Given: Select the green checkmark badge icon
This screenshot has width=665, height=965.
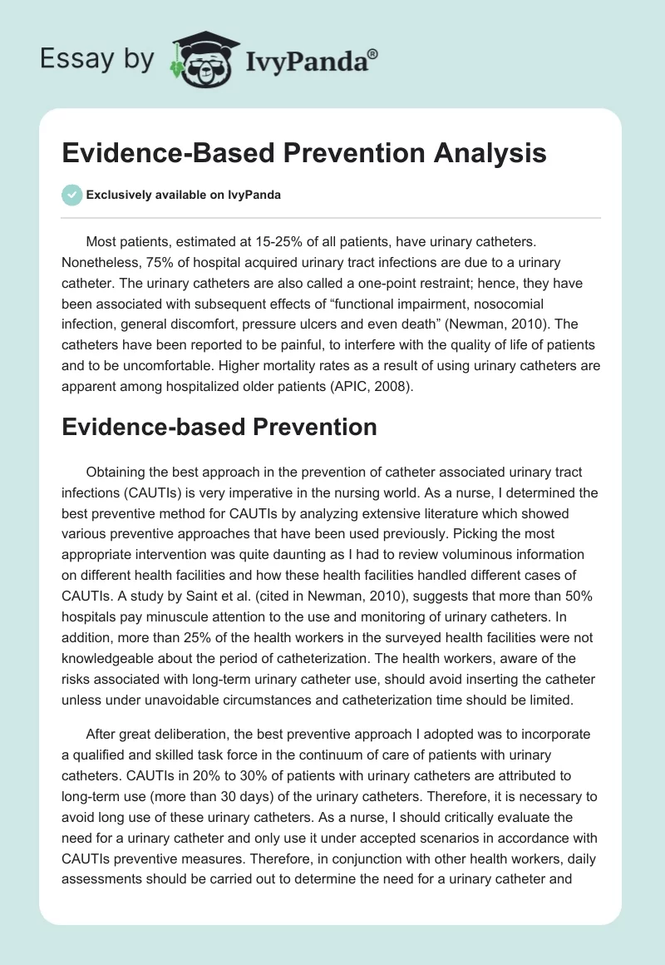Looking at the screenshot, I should coord(71,195).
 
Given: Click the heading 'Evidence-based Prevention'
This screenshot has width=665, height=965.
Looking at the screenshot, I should coord(219,427).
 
